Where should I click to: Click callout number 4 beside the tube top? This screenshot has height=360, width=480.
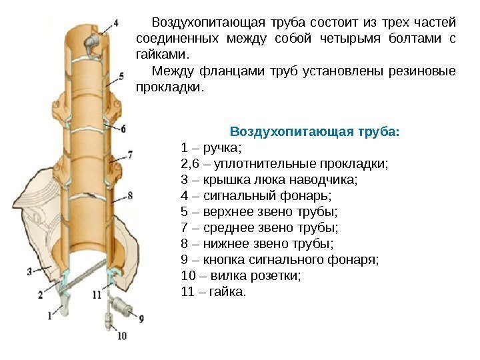point(117,22)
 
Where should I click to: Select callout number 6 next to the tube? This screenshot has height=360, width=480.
point(124,129)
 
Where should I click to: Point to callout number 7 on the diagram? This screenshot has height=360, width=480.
point(130,154)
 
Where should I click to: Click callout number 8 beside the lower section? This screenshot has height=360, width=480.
point(131,195)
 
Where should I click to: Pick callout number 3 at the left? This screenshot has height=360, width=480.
point(29,271)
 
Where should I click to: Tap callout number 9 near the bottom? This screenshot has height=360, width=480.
point(141,319)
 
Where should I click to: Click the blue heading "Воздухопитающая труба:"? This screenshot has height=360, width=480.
point(314,131)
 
